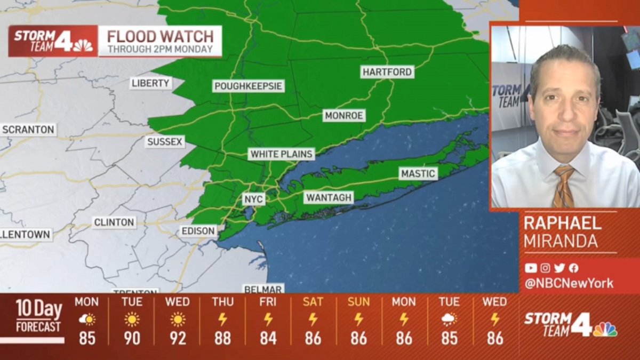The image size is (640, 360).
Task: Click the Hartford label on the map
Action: tap(387, 72)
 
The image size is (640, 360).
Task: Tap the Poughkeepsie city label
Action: tap(248, 86)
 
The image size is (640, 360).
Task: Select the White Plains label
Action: tap(282, 154)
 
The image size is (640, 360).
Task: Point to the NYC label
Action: tap(254, 199)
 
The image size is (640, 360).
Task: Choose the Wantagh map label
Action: tap(329, 197)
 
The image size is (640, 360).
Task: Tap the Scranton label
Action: tap(28, 130)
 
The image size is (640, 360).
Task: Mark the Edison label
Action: tap(198, 231)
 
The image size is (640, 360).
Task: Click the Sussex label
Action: tap(165, 142)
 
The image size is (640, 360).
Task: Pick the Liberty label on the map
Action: tap(151, 83)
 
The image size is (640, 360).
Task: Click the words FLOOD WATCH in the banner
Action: tap(160, 37)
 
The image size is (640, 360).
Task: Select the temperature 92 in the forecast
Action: tap(177, 338)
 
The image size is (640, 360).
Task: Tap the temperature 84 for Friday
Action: tap(268, 338)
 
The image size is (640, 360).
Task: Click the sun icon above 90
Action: tap(132, 319)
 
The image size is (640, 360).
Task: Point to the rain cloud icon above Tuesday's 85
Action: tap(449, 319)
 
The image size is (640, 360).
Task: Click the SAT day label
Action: tap(313, 302)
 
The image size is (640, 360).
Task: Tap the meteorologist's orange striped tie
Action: tap(563, 187)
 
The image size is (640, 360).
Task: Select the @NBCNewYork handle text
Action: tap(569, 283)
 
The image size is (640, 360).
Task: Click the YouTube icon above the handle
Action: tap(530, 268)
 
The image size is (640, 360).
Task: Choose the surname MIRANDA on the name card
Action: tap(561, 241)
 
